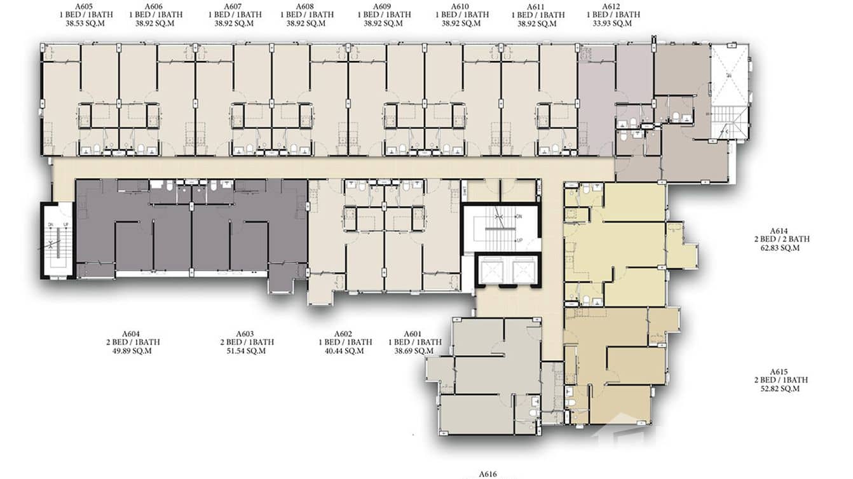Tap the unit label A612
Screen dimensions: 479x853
pyautogui.click(x=609, y=6)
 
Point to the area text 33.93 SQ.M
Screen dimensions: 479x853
pyautogui.click(x=609, y=24)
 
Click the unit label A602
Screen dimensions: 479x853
pyautogui.click(x=344, y=334)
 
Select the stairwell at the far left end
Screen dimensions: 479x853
pyautogui.click(x=57, y=240)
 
